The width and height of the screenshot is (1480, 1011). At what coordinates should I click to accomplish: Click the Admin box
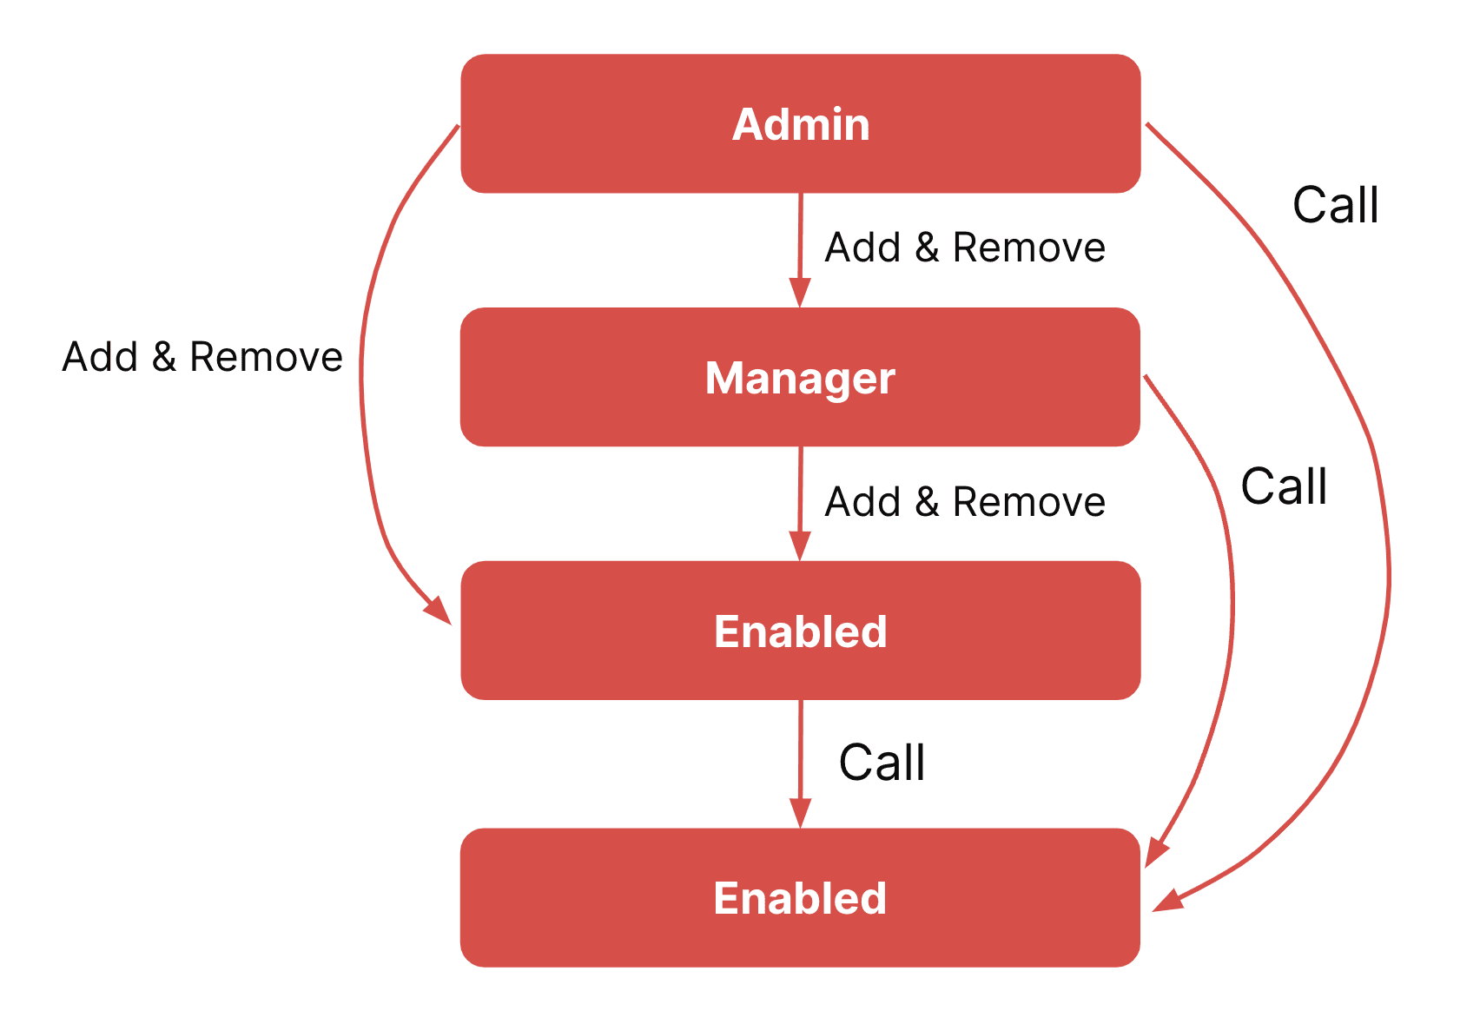[x=801, y=123]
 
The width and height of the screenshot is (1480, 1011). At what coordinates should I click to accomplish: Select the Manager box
[x=800, y=377]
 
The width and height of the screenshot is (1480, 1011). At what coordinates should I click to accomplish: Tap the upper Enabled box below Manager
[x=801, y=631]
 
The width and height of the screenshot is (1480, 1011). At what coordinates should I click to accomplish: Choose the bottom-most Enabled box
[x=800, y=897]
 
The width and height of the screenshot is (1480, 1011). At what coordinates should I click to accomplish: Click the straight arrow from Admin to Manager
[x=800, y=250]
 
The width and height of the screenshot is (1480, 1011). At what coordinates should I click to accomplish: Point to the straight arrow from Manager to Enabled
[x=800, y=504]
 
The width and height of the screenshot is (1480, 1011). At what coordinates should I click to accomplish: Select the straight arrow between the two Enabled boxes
[x=800, y=763]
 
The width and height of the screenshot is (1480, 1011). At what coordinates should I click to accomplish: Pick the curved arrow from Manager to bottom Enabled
[x=1232, y=595]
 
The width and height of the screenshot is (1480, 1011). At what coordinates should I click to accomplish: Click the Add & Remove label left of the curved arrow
[x=202, y=357]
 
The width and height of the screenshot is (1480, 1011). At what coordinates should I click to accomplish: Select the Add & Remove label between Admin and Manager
[x=965, y=248]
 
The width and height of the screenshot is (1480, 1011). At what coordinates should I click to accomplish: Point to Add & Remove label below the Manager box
[x=965, y=501]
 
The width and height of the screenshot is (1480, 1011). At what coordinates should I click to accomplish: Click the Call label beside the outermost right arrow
[x=1335, y=205]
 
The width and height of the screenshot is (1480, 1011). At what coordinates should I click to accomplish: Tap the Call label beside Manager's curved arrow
[x=1284, y=486]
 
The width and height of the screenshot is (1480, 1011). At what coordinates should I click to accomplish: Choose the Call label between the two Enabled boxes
[x=882, y=762]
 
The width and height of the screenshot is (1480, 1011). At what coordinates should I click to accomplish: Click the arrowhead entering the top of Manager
[x=800, y=293]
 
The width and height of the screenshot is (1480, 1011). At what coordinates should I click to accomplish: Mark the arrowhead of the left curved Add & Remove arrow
[x=439, y=611]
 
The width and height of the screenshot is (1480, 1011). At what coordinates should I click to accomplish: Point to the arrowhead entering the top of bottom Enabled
[x=800, y=814]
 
